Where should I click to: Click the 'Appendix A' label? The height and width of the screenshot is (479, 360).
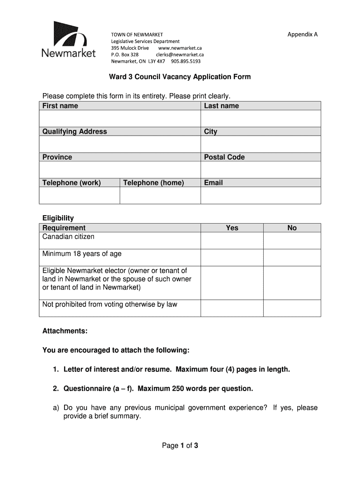pos(302,35)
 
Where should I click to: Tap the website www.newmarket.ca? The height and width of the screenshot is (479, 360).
pos(180,48)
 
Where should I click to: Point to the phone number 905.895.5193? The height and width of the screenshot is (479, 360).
pos(186,61)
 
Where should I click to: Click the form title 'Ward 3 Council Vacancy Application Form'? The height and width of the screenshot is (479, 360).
pos(180,77)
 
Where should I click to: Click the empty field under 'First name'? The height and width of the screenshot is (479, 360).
pos(120,118)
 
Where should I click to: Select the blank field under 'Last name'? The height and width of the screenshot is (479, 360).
pos(261,118)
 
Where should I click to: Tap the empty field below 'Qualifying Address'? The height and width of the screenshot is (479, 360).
pos(120,144)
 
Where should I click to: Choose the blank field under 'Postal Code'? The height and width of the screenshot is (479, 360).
pos(261,169)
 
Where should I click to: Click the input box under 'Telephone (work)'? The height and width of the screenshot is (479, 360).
pos(79,196)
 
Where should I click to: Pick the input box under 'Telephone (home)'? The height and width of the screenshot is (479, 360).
pos(160,196)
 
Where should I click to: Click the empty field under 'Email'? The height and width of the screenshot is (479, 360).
pos(261,196)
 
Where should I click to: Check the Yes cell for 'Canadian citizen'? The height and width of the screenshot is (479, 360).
pos(232,240)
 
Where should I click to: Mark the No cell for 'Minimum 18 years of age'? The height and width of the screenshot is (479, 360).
pos(292,257)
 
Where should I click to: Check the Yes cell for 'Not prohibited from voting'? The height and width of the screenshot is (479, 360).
pos(232,308)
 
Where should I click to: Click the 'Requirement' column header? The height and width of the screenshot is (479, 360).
pos(64,228)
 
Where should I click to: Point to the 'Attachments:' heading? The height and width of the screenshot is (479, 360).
pos(65,331)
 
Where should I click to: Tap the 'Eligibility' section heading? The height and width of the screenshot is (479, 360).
pos(58,218)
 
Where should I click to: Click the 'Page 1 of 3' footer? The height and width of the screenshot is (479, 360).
pos(180,446)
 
